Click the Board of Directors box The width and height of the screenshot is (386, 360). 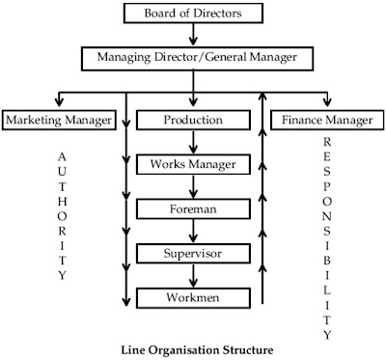(x=192, y=14)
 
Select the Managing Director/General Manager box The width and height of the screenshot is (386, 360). (x=193, y=57)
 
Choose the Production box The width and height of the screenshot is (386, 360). (x=193, y=121)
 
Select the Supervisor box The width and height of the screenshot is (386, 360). (x=193, y=252)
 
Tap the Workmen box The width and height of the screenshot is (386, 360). (x=193, y=295)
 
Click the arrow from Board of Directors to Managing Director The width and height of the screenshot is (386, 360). (x=193, y=36)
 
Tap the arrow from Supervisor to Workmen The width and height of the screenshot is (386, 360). (x=193, y=274)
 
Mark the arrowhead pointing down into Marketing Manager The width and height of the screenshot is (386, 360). (x=60, y=102)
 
